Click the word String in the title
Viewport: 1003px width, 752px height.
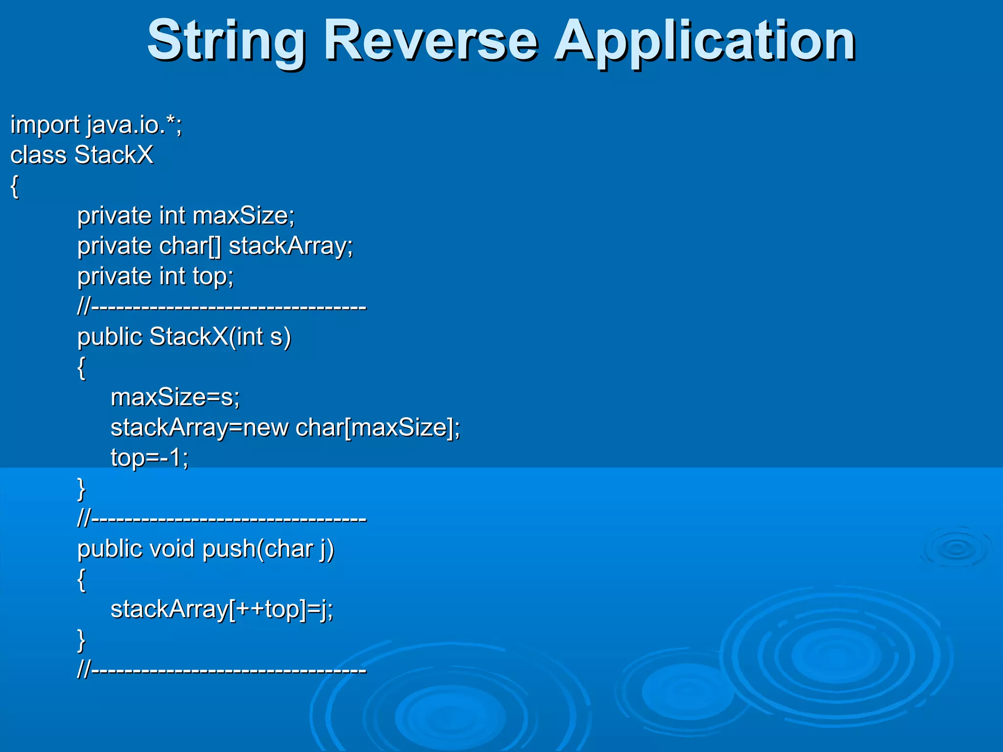click(x=226, y=42)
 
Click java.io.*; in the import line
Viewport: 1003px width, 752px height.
click(x=134, y=125)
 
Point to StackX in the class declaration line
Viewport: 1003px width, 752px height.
click(x=114, y=155)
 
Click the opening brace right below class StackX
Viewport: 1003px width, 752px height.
click(x=15, y=186)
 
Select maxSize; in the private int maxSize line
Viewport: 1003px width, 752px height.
click(x=243, y=216)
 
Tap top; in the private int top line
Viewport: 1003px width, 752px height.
click(x=213, y=277)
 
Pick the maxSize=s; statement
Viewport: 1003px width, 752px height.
click(x=175, y=398)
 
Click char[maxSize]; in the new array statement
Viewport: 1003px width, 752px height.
click(x=378, y=428)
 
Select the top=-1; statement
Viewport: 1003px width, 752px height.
click(x=149, y=458)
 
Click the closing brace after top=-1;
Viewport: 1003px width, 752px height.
click(x=81, y=489)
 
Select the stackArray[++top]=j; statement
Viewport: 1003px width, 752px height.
click(x=221, y=610)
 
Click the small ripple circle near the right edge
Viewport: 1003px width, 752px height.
click(x=955, y=549)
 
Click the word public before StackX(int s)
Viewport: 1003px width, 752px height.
click(x=110, y=337)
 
